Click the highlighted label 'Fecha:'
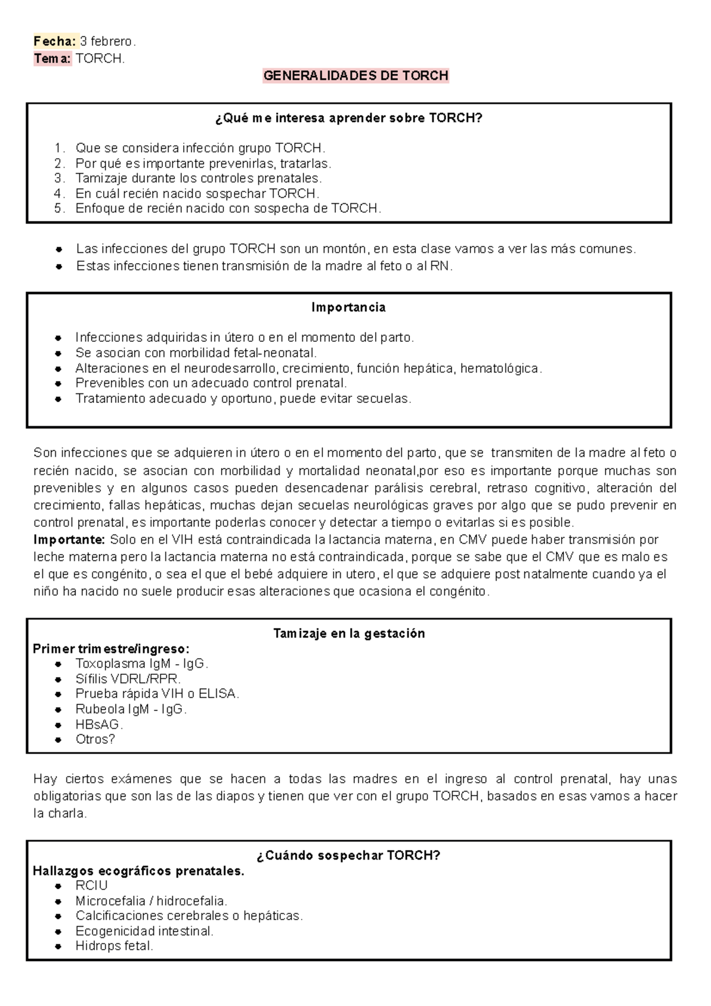pos(55,41)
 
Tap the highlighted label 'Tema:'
pos(52,59)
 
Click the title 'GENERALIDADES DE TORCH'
pos(355,76)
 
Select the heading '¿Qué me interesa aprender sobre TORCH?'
pos(349,118)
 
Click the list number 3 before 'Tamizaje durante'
pos(58,178)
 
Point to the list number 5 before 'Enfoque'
pos(58,209)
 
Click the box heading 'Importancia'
pos(348,307)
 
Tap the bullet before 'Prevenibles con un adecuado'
pos(58,384)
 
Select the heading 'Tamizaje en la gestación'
pos(349,633)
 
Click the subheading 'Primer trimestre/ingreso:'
pos(111,649)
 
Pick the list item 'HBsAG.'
pos(99,724)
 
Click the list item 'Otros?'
pos(95,739)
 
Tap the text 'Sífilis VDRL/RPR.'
pos(128,679)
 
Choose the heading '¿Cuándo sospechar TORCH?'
pos(348,856)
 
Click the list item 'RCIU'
pos(91,886)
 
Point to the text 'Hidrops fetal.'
pos(114,946)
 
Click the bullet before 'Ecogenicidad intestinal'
pos(58,932)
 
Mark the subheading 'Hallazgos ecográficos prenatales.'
pos(138,871)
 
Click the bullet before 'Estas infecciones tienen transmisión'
pos(59,267)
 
